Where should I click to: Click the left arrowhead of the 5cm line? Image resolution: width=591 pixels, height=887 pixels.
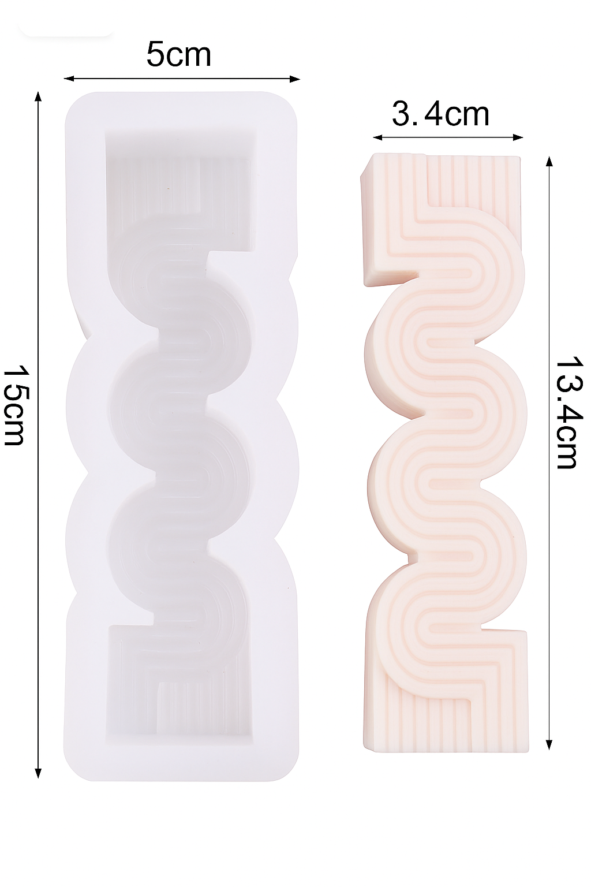(69, 79)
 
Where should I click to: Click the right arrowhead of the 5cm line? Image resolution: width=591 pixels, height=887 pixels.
(295, 79)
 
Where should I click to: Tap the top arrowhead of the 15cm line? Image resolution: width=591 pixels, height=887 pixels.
(38, 96)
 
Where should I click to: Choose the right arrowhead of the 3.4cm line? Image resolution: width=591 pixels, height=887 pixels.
(518, 137)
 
